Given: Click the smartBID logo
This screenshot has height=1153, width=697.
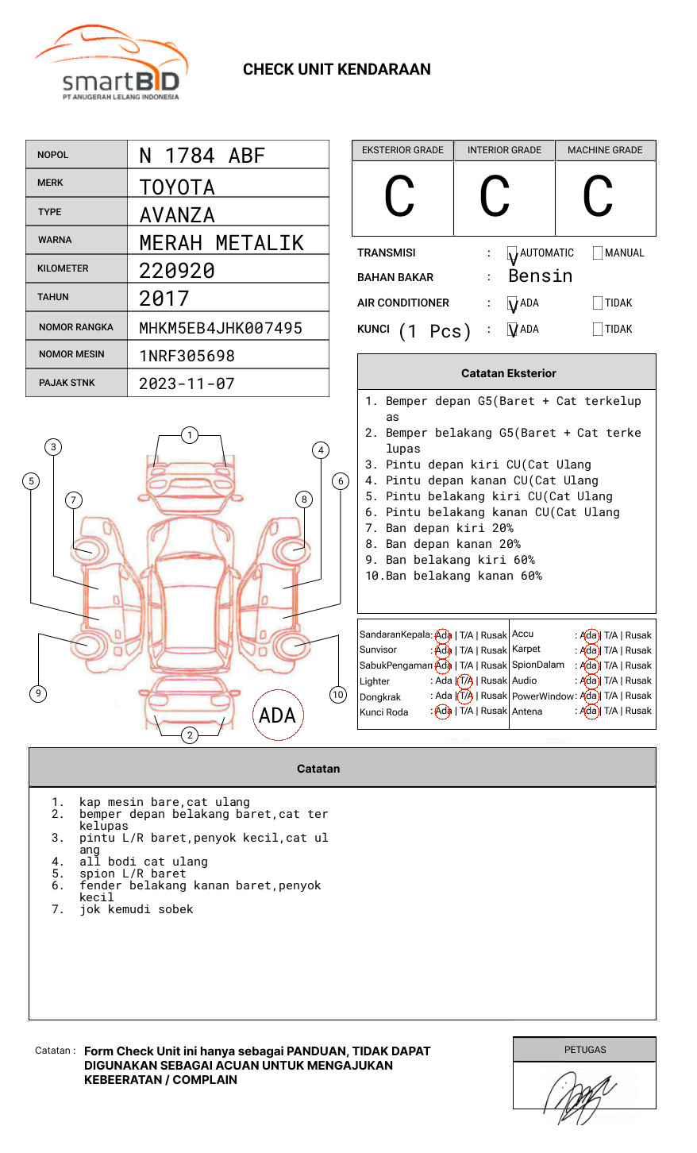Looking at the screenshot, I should [111, 64].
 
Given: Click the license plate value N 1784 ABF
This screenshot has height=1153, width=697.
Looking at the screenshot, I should [202, 156].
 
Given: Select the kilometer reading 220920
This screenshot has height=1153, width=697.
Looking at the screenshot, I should [177, 271].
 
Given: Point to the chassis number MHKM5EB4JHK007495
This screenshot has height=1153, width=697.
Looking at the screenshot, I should [221, 328].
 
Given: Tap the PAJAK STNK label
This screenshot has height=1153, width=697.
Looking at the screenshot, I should [67, 383].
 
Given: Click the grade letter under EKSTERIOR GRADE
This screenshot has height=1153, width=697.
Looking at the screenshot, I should [399, 197].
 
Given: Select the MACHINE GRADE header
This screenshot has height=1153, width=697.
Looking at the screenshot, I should [605, 150].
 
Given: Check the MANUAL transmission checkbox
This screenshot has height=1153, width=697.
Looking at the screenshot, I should [598, 253].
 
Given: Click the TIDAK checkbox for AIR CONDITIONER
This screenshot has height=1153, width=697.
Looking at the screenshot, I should [598, 303].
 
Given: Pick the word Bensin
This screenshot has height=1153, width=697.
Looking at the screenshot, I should [541, 276].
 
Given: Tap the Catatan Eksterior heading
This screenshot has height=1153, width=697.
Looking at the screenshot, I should [508, 373].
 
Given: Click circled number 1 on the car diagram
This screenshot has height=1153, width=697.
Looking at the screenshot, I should [189, 435].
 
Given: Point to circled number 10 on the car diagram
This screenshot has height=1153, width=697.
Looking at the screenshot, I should [338, 695].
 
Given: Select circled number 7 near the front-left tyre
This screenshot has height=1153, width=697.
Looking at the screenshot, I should [73, 499].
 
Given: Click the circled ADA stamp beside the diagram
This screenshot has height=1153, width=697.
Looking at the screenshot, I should [277, 715].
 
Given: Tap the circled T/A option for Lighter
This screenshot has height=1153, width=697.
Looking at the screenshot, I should [465, 681].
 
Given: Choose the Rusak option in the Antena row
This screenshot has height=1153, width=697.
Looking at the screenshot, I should [638, 711].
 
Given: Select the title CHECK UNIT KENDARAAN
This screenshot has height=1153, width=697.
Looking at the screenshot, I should [337, 70].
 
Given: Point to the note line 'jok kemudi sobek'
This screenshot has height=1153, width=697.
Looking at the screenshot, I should [136, 909].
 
